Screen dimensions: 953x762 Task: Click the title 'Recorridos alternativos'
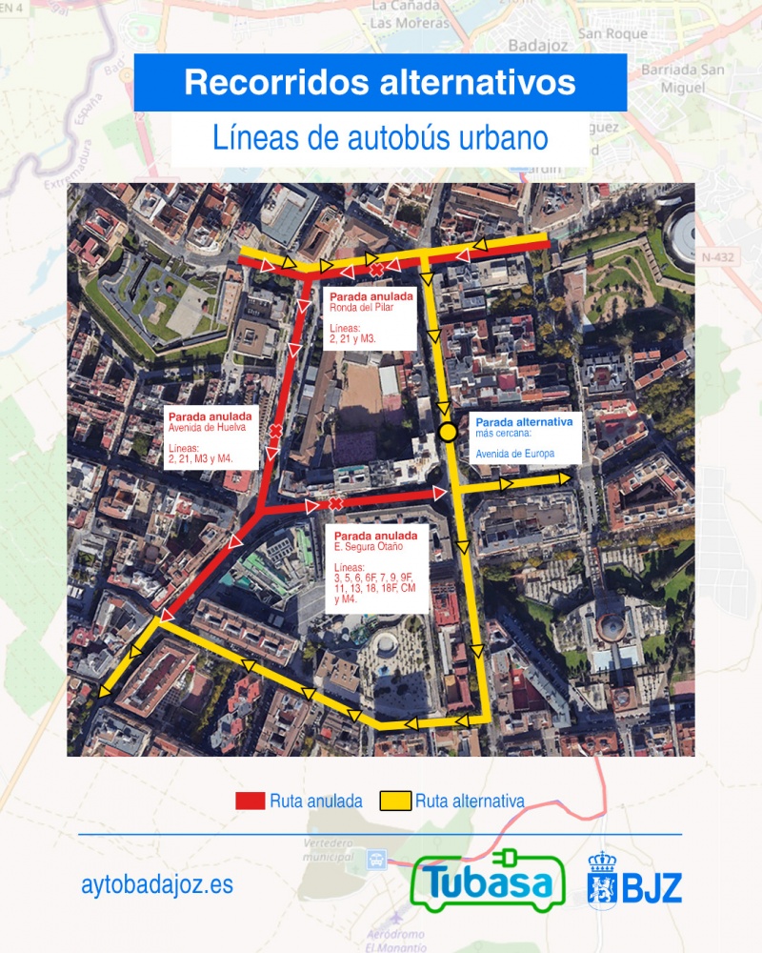379,82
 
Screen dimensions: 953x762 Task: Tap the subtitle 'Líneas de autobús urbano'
379,137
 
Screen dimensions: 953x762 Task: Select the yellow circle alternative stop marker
448,434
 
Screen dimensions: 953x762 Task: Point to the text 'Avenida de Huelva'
202,428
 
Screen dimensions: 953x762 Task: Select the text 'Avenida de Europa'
514,454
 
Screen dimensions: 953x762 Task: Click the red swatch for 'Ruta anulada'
250,801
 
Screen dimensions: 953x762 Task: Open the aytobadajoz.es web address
157,885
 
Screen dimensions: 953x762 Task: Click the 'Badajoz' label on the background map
537,45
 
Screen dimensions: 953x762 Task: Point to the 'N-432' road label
719,257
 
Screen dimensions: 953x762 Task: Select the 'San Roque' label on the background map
612,34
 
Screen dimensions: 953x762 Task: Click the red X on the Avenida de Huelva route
275,432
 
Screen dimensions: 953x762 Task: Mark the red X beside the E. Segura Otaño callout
335,503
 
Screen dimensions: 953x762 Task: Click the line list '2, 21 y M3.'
353,337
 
